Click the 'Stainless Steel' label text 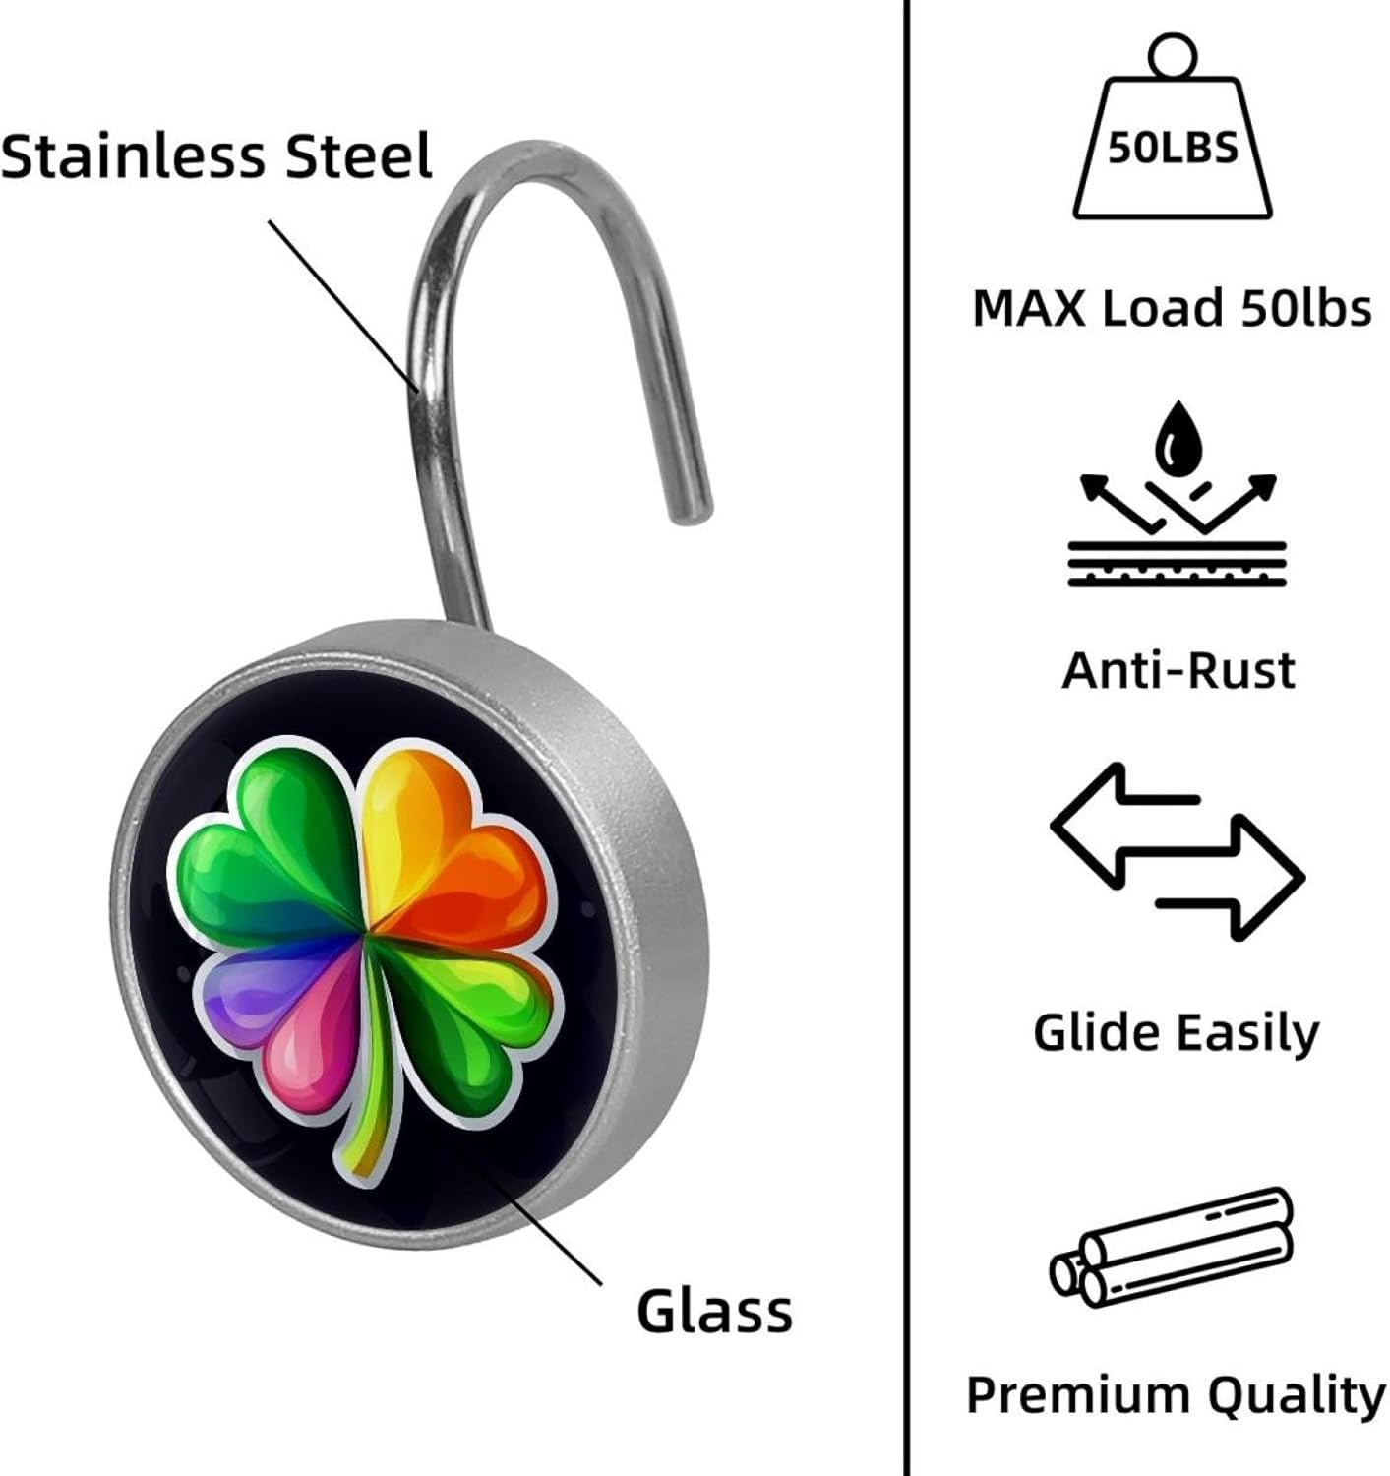pyautogui.click(x=216, y=155)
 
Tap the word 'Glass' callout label pyautogui.click(x=714, y=1311)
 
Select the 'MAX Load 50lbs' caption pyautogui.click(x=1172, y=308)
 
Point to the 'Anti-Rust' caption pyautogui.click(x=1178, y=671)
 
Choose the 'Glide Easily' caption pyautogui.click(x=1177, y=1033)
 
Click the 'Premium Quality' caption pyautogui.click(x=1177, y=1395)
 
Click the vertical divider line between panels pyautogui.click(x=905, y=738)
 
